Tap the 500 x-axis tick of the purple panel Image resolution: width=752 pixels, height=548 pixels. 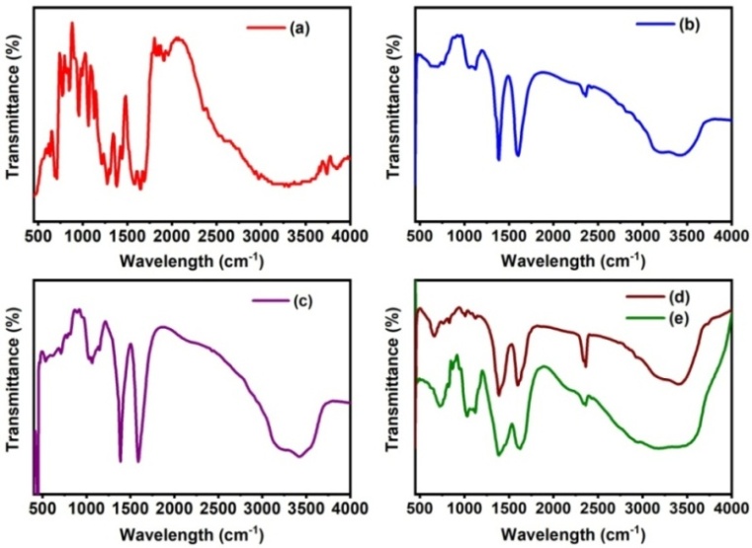[x=42, y=508]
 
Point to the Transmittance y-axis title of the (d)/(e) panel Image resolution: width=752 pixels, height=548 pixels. [x=393, y=392]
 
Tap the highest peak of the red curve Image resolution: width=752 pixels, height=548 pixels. [x=71, y=23]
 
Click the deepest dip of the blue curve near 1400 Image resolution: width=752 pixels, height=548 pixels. [x=498, y=159]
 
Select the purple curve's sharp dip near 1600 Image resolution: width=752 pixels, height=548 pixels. [x=138, y=461]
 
